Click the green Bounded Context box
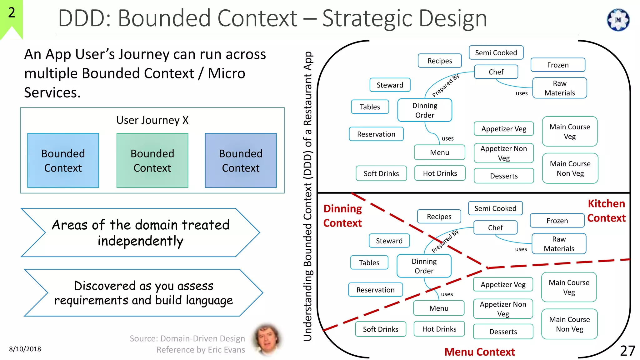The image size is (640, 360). tap(152, 160)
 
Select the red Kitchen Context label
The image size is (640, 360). tap(606, 211)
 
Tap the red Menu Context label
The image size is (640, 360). tap(479, 352)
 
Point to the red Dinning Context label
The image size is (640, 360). tap(342, 216)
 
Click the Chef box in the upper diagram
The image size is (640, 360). tap(496, 72)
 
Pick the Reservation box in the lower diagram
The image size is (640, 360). tap(375, 290)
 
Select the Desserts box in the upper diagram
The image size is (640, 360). tap(503, 176)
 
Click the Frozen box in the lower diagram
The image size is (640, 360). tap(557, 221)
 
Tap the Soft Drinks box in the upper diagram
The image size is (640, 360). tap(381, 173)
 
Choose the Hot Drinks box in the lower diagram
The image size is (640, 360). tap(439, 329)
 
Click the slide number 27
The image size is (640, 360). tap(627, 351)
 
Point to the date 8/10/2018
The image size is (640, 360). tap(25, 349)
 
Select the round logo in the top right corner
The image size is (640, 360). tap(618, 20)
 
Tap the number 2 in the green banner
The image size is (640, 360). tap(12, 13)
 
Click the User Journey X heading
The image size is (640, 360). tap(152, 120)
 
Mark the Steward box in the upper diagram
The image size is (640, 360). tap(390, 85)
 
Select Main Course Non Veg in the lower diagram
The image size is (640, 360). tap(569, 324)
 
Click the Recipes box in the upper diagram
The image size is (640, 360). tap(439, 61)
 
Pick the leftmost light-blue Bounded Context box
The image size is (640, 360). tap(63, 160)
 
